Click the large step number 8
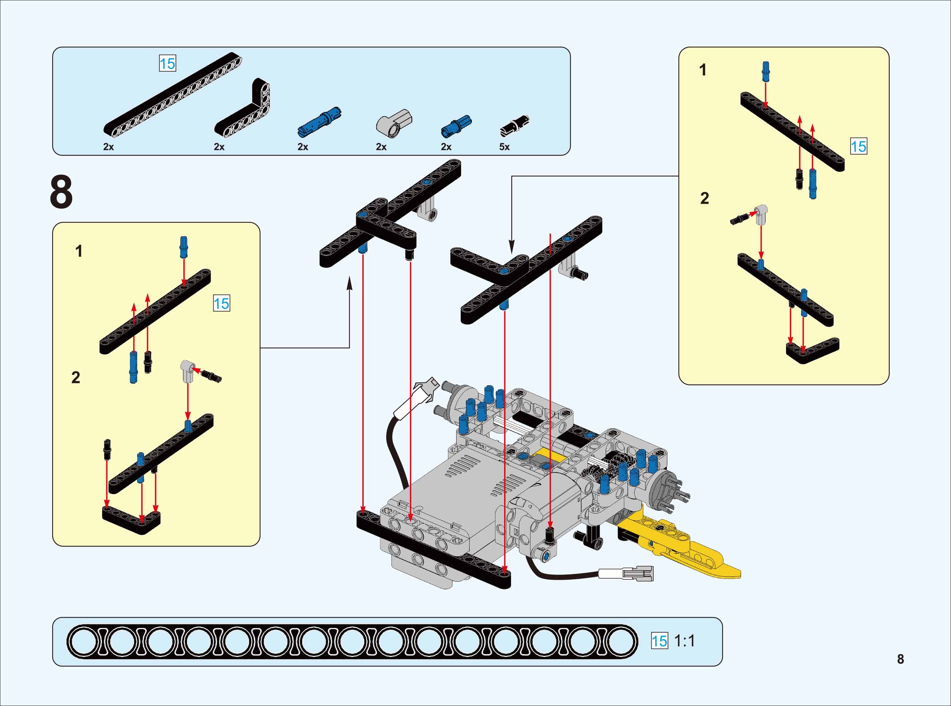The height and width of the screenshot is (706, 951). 61,192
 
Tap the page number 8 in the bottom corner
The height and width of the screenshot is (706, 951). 900,659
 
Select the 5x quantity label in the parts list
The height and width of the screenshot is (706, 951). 504,147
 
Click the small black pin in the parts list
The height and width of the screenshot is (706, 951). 515,124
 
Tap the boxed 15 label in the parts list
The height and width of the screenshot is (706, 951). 167,64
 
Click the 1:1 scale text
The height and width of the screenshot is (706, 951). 684,641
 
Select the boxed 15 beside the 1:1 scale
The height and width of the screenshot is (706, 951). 659,641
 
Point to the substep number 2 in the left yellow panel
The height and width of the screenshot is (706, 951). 76,377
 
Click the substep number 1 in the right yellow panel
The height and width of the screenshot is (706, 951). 703,70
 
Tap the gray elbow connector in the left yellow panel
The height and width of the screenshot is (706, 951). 187,370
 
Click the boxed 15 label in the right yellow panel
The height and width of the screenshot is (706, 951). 858,147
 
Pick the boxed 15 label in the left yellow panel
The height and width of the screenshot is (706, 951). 221,304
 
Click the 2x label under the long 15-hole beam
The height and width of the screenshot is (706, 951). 108,147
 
